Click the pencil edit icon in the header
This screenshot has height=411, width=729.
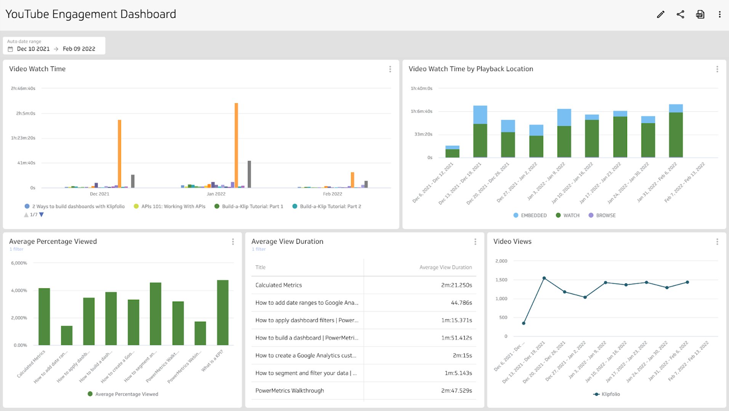coord(660,14)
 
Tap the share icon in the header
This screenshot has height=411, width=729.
coord(680,14)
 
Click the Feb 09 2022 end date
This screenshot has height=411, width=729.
coord(79,49)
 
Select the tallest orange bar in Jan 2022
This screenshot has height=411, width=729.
coord(236,145)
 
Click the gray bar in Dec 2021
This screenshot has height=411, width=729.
coord(133,181)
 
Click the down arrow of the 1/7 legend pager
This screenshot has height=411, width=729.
coord(42,215)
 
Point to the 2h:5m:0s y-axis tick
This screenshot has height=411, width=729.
coord(26,113)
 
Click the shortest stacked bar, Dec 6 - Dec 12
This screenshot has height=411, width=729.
coord(452,152)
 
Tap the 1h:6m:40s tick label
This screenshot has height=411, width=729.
coord(421,112)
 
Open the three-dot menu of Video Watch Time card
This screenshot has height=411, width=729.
coord(390,69)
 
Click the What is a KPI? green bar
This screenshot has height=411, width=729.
coord(223,312)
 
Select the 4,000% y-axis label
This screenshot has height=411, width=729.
coord(19,290)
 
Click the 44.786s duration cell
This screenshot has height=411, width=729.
coord(461,303)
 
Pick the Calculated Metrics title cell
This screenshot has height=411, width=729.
coord(279,285)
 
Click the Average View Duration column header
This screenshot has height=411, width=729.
coord(445,268)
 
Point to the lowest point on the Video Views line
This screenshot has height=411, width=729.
coord(524,323)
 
